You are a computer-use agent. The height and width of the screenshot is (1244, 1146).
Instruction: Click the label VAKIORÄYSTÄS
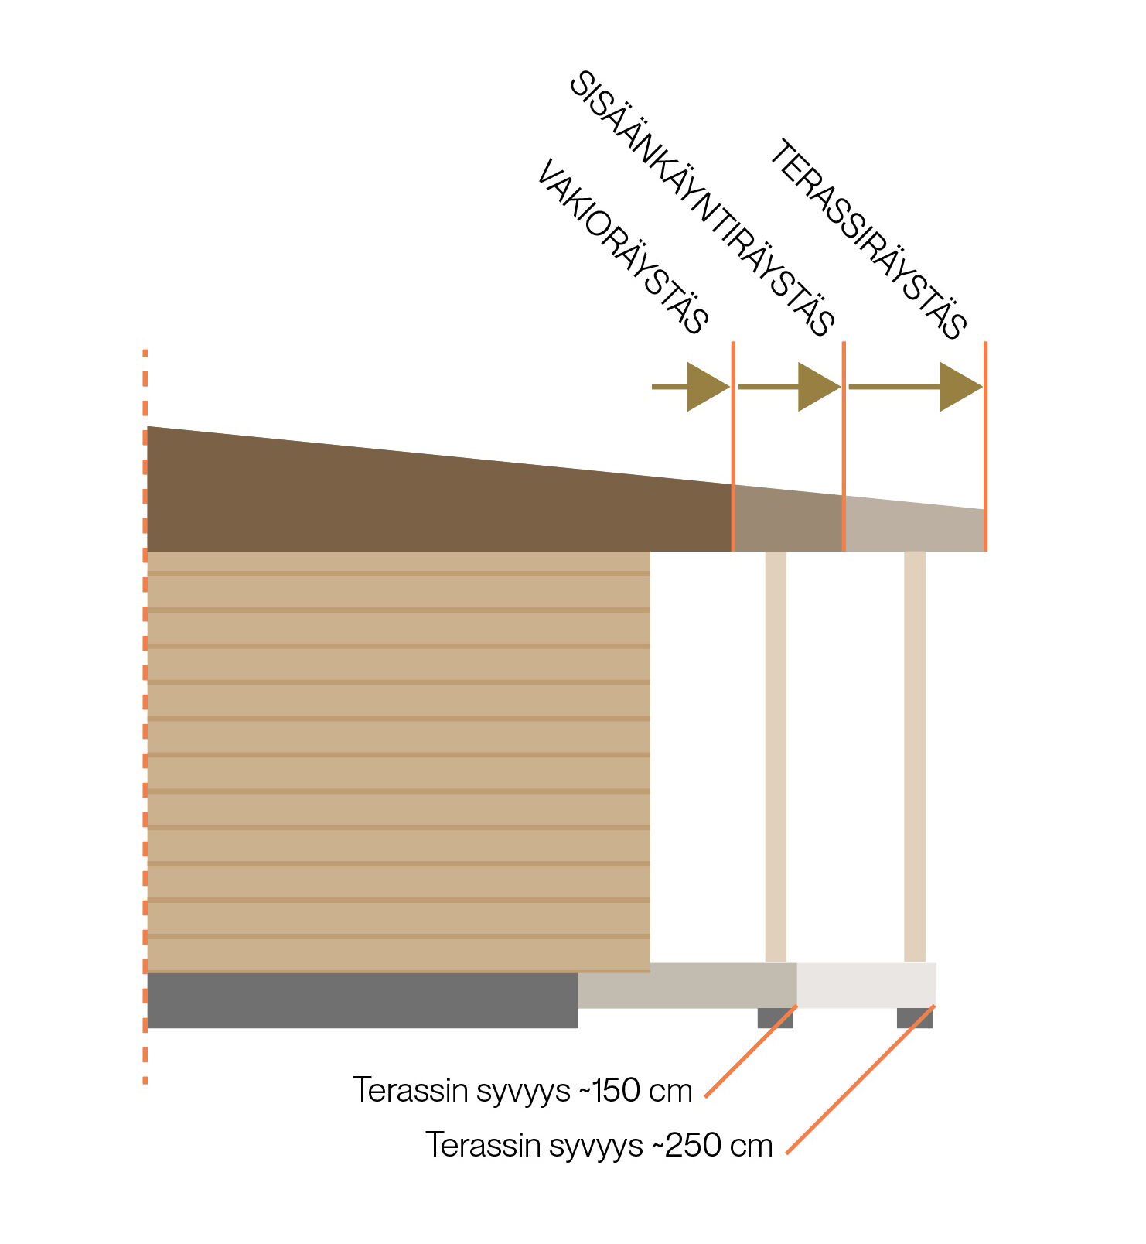click(622, 248)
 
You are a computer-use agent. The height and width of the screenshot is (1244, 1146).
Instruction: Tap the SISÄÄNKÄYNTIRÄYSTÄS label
click(702, 204)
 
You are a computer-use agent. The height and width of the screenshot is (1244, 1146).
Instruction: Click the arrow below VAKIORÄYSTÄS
click(691, 386)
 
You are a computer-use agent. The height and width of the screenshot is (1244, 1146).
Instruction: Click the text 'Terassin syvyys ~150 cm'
click(523, 1090)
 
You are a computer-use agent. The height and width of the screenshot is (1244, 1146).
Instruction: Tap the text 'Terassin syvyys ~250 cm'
click(599, 1145)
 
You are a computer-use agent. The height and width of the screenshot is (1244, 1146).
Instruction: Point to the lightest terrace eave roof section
click(914, 528)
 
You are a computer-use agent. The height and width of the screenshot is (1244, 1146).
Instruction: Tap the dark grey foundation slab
click(362, 1000)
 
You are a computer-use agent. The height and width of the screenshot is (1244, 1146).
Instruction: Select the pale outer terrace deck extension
click(866, 985)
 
